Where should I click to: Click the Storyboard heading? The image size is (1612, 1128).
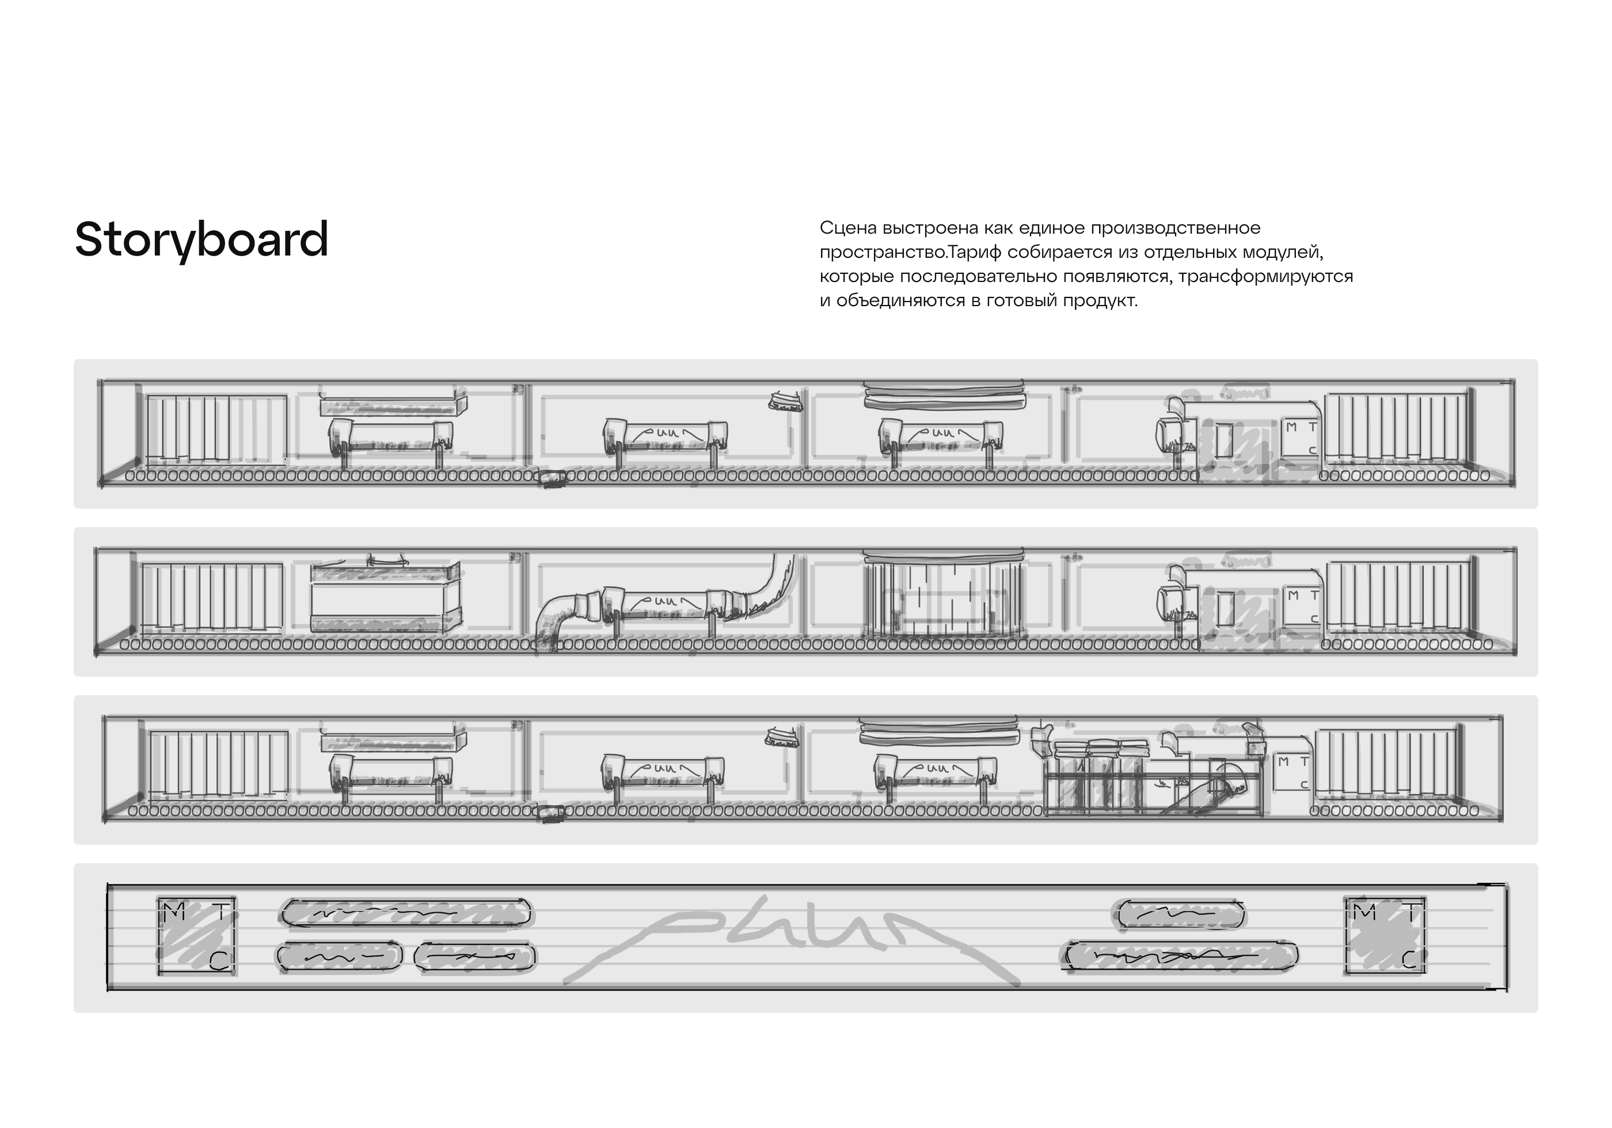click(x=201, y=240)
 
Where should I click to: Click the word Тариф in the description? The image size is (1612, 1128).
click(x=976, y=252)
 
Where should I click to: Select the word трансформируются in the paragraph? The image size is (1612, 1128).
click(x=1265, y=277)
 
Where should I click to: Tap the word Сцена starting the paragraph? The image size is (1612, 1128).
click(x=847, y=228)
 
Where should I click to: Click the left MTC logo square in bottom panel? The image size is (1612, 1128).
click(x=196, y=936)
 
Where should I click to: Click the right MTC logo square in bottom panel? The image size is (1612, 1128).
click(x=1385, y=936)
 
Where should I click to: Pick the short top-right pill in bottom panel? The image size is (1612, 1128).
click(x=1180, y=914)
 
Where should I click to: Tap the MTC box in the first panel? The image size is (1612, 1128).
click(x=1301, y=437)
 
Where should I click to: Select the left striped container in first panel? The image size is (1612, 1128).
click(x=215, y=428)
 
